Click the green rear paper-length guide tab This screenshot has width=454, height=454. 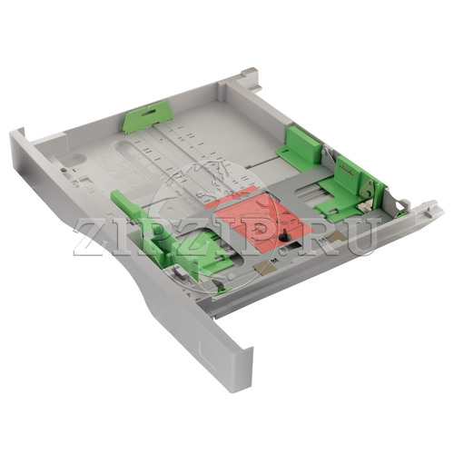point(147,117)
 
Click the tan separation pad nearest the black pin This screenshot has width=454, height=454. point(263,265)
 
